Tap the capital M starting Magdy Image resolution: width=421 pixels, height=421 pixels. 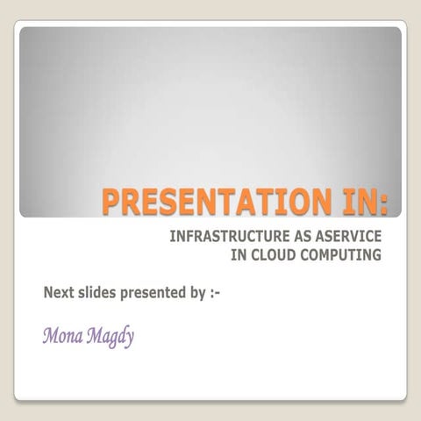(93, 336)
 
